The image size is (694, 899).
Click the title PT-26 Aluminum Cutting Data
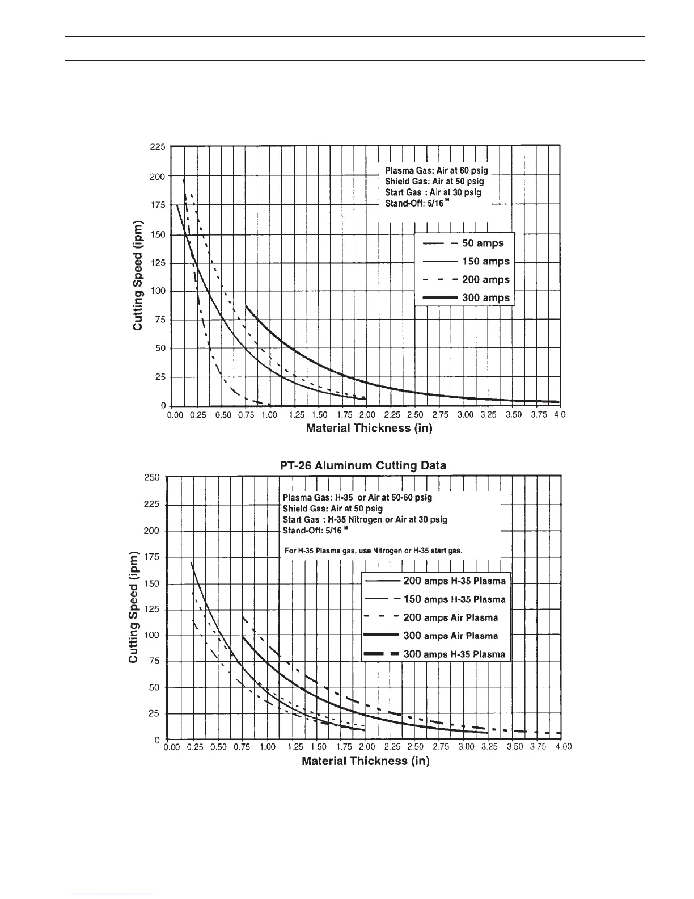pyautogui.click(x=363, y=465)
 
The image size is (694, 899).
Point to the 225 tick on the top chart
pyautogui.click(x=158, y=146)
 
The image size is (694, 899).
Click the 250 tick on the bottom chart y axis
pyautogui.click(x=152, y=477)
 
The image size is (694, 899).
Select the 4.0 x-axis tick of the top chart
pyautogui.click(x=559, y=415)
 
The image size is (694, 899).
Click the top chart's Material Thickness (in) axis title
pyautogui.click(x=369, y=428)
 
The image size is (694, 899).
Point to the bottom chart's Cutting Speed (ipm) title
pyautogui.click(x=134, y=607)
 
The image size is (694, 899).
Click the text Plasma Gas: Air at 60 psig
pyautogui.click(x=436, y=170)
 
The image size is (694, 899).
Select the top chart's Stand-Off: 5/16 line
pyautogui.click(x=417, y=203)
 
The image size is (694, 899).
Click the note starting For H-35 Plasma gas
pyautogui.click(x=373, y=550)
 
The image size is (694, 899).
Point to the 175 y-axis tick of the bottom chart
pyautogui.click(x=152, y=557)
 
